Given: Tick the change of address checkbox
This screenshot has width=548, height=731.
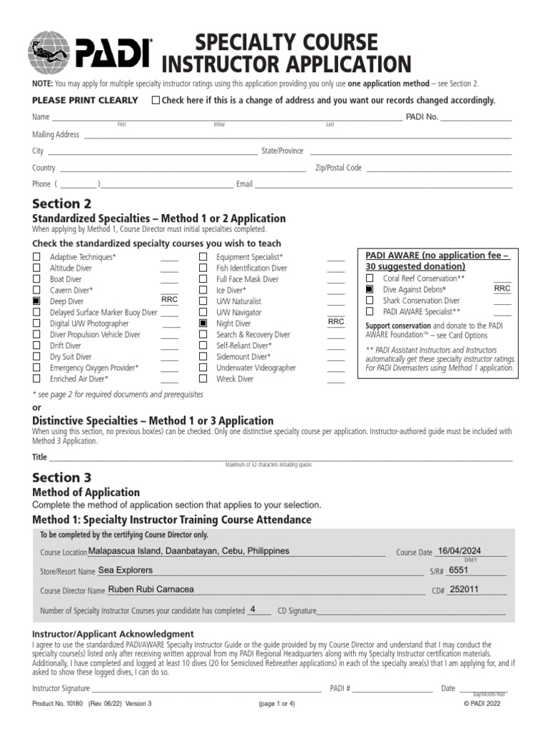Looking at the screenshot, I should coord(156,101).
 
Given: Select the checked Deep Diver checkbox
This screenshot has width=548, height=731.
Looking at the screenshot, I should coord(36,302).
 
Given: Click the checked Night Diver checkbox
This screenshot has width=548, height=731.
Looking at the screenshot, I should coord(203,323).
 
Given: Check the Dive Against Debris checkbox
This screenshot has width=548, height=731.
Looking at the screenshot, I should coord(370,290).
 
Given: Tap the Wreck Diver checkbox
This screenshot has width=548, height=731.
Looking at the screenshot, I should coord(203,379).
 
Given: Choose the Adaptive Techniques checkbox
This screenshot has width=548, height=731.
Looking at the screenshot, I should coord(36,257).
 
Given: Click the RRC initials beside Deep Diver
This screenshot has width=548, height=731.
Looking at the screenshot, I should coord(170,301).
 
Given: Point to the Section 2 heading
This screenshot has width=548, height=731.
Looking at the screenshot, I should coord(62,203).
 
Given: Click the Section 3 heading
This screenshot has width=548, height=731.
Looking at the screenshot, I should coord(62,477).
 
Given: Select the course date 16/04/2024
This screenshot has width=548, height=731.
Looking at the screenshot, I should coord(460,551).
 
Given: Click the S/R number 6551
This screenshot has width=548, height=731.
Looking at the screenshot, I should coord(459,571).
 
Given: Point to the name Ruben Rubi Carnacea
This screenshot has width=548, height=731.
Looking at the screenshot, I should coord(150,590).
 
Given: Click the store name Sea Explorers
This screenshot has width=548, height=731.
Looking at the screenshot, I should coord(125,571).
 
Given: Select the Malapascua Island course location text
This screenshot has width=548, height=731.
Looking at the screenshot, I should coord(188,551).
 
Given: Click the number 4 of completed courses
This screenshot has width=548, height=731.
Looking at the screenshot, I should coord(253,610).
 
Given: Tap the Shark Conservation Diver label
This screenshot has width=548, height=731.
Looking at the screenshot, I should coord(421,301).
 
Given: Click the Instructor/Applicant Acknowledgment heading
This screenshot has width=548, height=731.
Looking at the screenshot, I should coord(113,634).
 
